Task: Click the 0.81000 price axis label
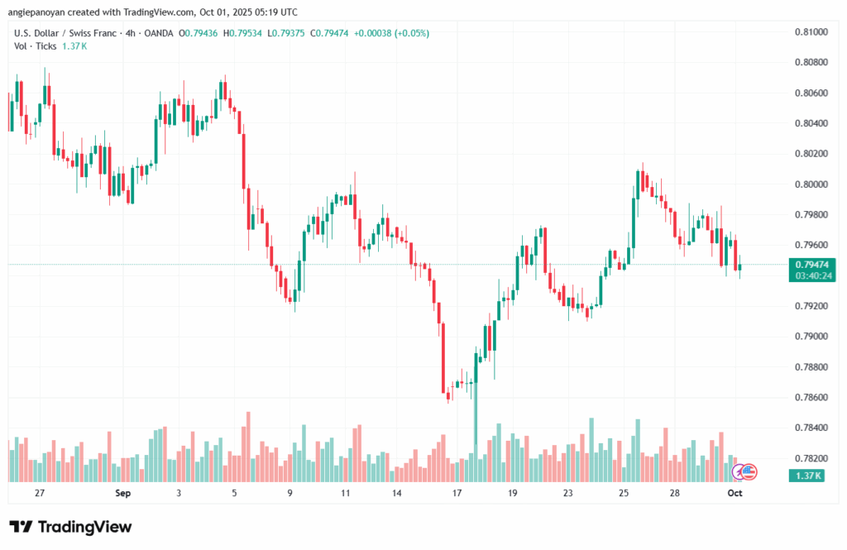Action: coord(811,31)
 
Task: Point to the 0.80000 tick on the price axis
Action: coord(811,184)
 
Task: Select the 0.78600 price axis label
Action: coord(811,397)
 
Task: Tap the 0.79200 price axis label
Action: coord(811,306)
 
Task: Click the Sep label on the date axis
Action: coord(123,493)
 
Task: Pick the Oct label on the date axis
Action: coord(734,493)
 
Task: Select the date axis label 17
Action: coord(457,493)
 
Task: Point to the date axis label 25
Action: coord(622,493)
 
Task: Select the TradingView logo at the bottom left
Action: coord(70,527)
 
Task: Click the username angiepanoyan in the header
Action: coord(41,12)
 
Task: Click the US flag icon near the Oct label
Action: coord(749,472)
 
